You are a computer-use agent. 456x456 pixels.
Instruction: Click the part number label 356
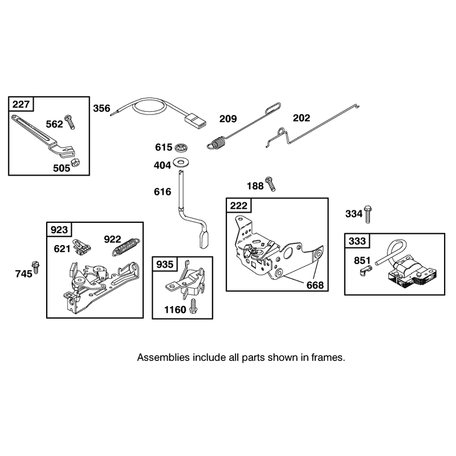click(101, 108)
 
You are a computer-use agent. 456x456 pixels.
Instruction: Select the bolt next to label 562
click(70, 122)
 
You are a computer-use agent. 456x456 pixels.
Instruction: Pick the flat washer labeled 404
click(180, 162)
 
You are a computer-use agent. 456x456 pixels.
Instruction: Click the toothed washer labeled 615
click(181, 147)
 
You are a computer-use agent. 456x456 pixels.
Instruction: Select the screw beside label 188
click(270, 184)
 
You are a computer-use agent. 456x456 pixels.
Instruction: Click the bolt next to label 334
click(368, 214)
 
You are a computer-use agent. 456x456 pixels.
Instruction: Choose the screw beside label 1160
click(193, 307)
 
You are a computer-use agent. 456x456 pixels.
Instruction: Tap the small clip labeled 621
click(82, 246)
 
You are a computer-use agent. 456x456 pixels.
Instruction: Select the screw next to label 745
click(36, 267)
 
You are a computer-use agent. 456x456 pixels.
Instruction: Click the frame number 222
click(238, 206)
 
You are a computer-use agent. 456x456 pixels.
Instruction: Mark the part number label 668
click(315, 286)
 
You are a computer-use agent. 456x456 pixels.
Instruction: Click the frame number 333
click(357, 241)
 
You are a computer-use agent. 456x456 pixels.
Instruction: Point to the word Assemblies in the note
click(163, 357)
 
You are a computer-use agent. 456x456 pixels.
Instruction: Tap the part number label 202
click(302, 118)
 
